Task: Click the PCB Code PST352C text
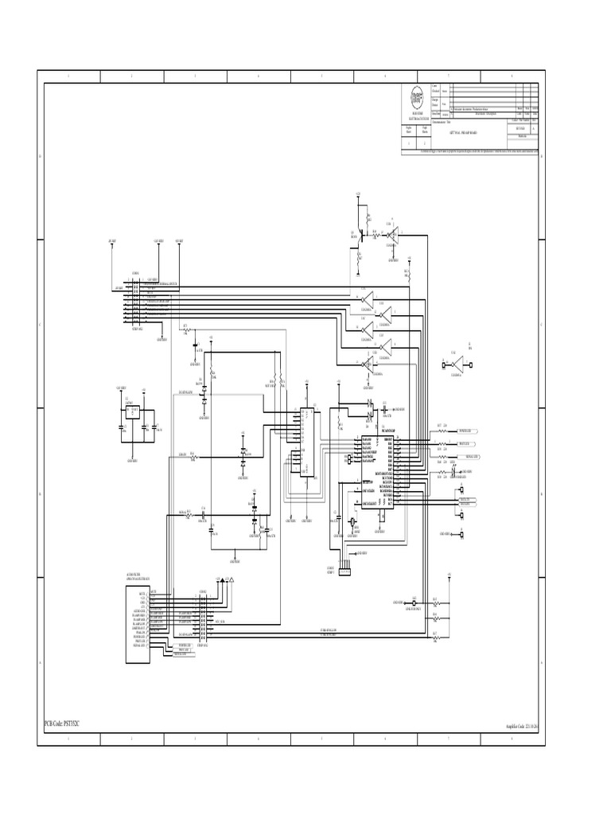point(61,723)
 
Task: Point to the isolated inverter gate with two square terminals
point(457,365)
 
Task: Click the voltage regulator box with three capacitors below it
point(134,411)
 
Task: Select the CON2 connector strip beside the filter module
point(202,618)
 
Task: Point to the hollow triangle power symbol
point(232,582)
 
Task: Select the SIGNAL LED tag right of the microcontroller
point(471,456)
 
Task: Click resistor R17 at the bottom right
point(435,637)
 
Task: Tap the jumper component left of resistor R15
point(414,603)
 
